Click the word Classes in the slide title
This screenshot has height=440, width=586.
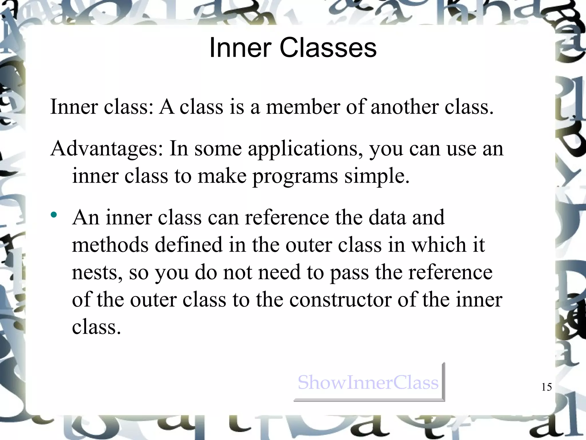pyautogui.click(x=328, y=48)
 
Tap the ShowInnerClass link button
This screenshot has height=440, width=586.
pyautogui.click(x=368, y=382)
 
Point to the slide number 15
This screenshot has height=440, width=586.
pyautogui.click(x=547, y=387)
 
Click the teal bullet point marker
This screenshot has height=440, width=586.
pyautogui.click(x=54, y=215)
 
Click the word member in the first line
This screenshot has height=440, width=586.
pyautogui.click(x=303, y=107)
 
